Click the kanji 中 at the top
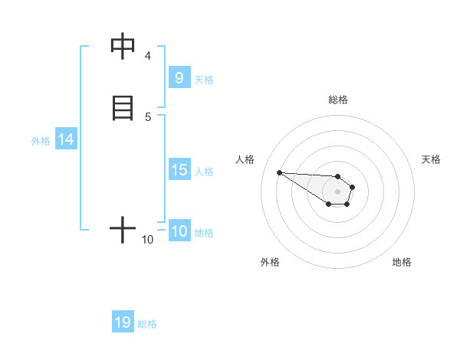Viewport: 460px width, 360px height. click(123, 47)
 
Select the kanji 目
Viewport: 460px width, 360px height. click(123, 106)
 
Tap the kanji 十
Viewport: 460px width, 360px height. click(123, 229)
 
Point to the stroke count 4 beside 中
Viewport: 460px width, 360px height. click(148, 56)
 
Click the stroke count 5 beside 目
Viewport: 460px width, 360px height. click(148, 116)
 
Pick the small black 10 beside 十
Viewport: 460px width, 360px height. click(148, 240)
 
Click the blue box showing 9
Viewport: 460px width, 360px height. click(179, 77)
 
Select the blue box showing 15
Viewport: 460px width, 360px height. click(179, 170)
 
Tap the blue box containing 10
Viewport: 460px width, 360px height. click(179, 231)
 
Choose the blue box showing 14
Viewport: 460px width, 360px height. click(66, 139)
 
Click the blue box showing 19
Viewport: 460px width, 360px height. click(123, 322)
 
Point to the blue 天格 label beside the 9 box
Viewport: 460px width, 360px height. click(204, 79)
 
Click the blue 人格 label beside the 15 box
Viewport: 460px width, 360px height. click(204, 172)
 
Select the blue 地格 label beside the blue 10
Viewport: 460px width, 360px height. click(204, 233)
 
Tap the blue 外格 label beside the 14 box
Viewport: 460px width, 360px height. click(41, 141)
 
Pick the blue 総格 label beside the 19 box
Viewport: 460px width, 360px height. click(147, 324)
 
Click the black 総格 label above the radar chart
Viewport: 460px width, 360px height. click(338, 100)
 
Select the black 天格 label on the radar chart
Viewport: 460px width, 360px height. click(431, 159)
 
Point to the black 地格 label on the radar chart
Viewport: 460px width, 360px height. click(402, 262)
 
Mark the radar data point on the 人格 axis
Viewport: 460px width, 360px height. click(279, 172)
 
